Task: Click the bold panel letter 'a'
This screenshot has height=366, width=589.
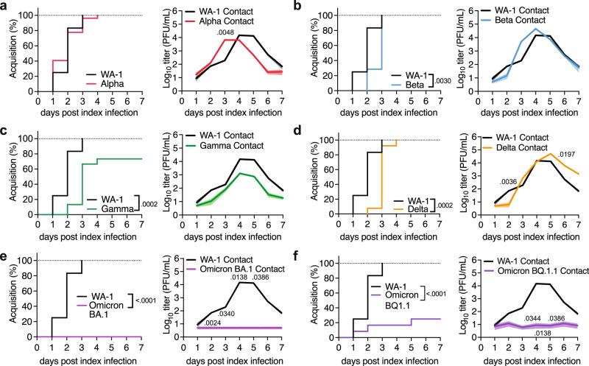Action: click(x=5, y=6)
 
